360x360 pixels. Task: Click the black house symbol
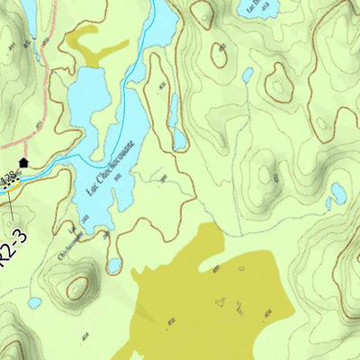(x=23, y=162)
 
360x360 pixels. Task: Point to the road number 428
(x=9, y=179)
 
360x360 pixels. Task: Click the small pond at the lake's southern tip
(x=114, y=265)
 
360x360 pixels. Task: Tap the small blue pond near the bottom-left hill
(x=34, y=302)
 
